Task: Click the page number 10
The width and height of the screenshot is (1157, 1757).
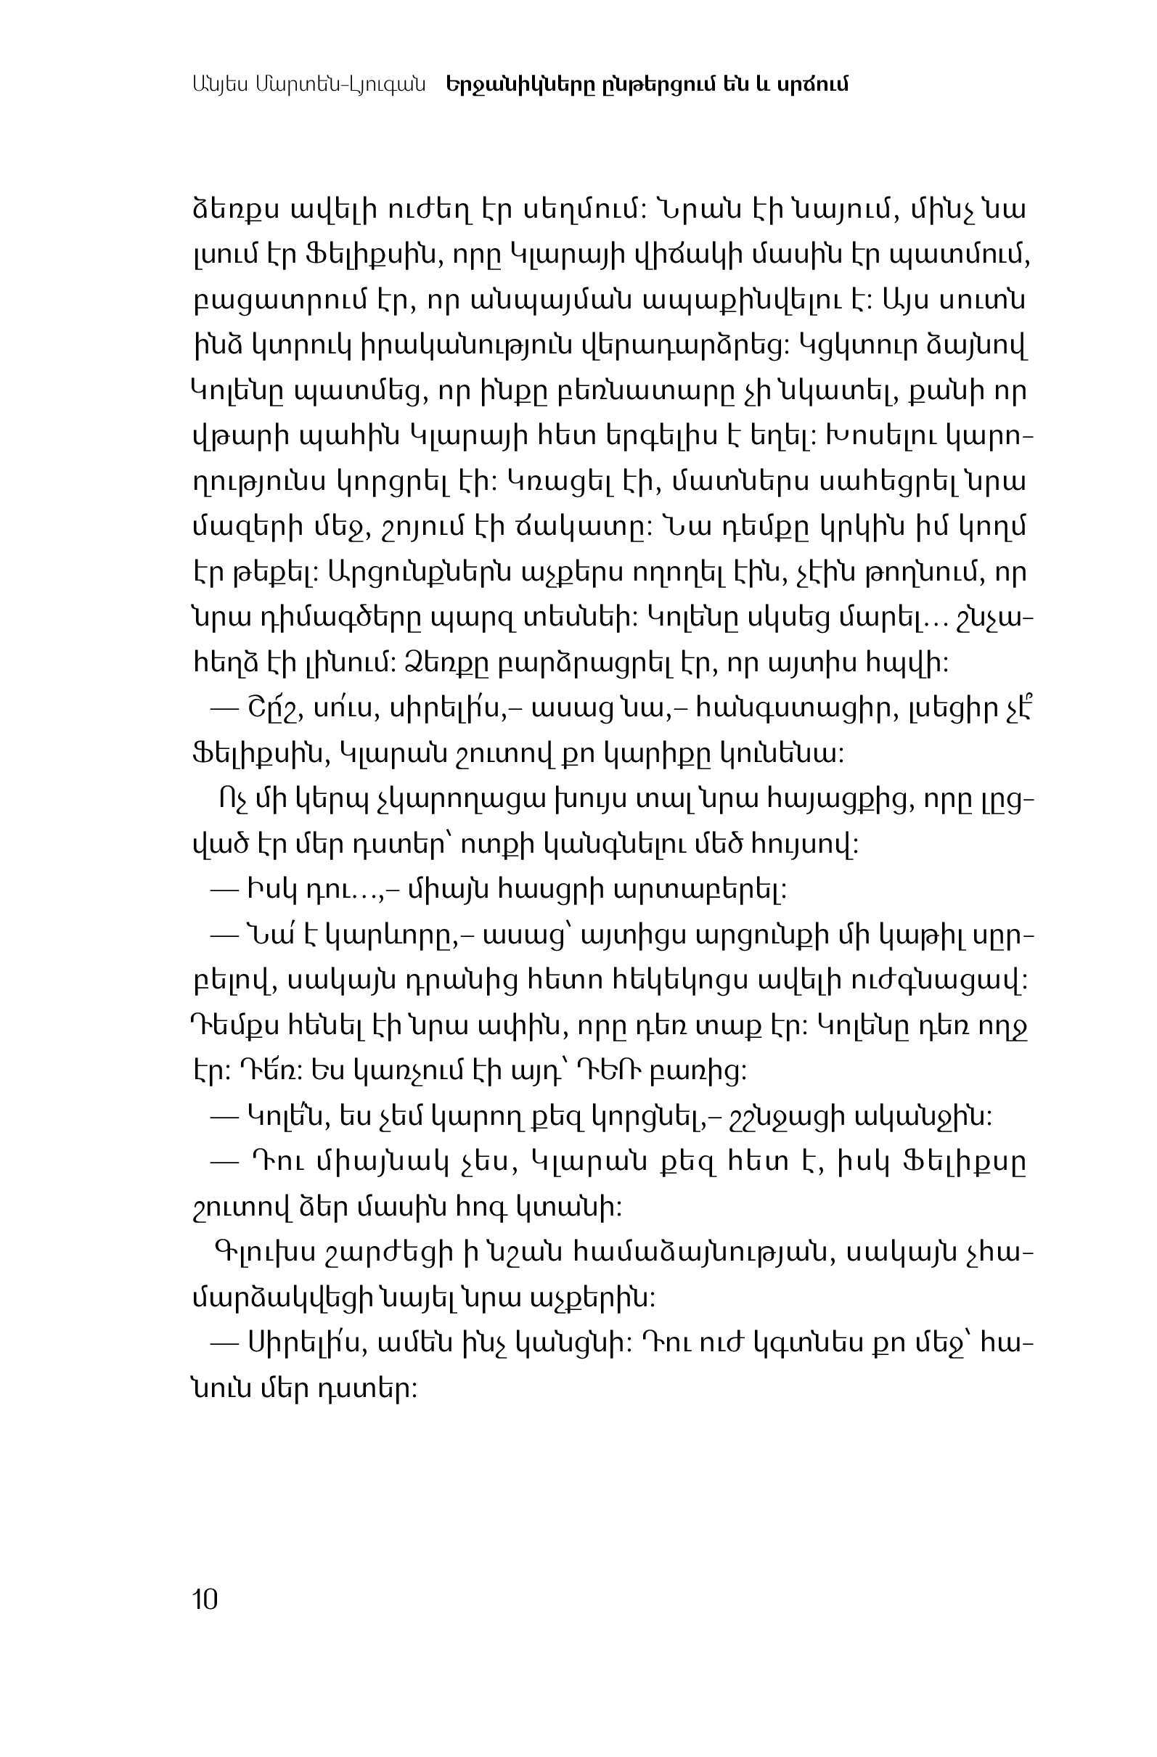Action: click(205, 1600)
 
